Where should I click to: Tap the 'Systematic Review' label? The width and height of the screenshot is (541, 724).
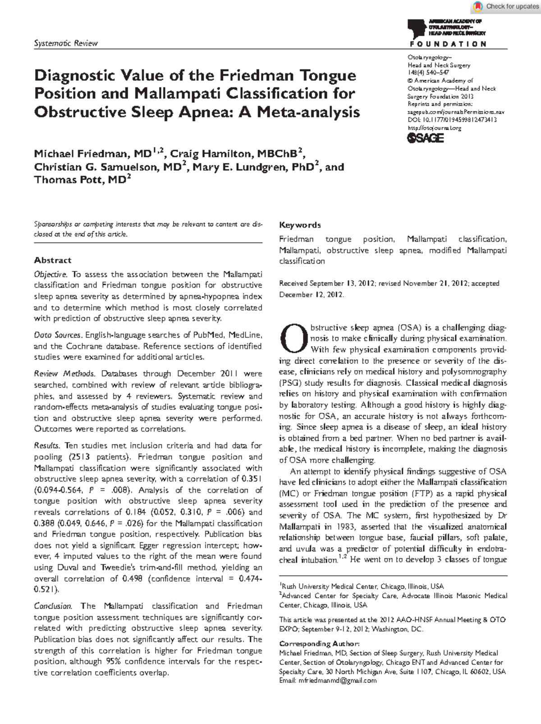tap(66, 43)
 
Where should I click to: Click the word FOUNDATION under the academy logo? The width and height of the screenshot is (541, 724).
tap(448, 44)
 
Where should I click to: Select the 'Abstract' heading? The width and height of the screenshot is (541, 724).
tap(53, 260)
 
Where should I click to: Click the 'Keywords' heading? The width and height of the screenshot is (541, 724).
tap(300, 225)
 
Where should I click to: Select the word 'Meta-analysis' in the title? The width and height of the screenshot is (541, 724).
tap(308, 112)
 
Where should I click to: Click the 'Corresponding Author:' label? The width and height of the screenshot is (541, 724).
tap(319, 643)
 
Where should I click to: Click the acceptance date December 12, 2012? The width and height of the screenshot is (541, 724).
tap(311, 294)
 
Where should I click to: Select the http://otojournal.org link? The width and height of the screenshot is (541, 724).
tap(434, 128)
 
